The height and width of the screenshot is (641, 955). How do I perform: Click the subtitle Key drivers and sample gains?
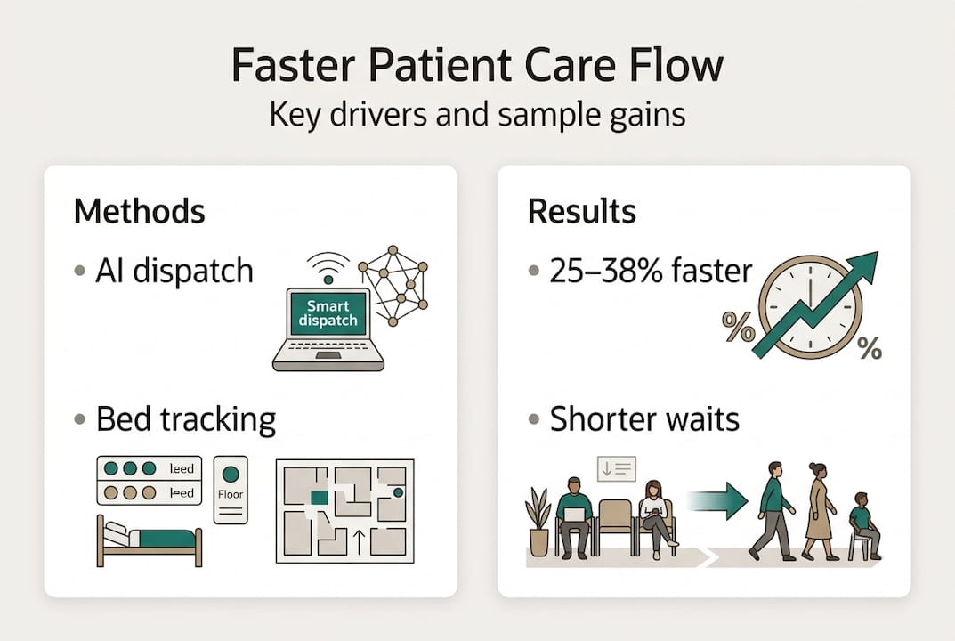[477, 115]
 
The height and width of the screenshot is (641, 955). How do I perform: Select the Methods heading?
[139, 212]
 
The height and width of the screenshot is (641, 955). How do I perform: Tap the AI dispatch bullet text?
[174, 271]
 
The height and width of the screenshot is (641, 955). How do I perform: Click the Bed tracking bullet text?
[186, 418]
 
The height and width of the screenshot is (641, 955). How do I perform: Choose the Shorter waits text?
[644, 418]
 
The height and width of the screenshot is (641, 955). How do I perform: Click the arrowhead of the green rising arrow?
[863, 265]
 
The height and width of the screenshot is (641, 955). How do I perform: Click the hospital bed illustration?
[150, 541]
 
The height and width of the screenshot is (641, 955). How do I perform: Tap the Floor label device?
[231, 489]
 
